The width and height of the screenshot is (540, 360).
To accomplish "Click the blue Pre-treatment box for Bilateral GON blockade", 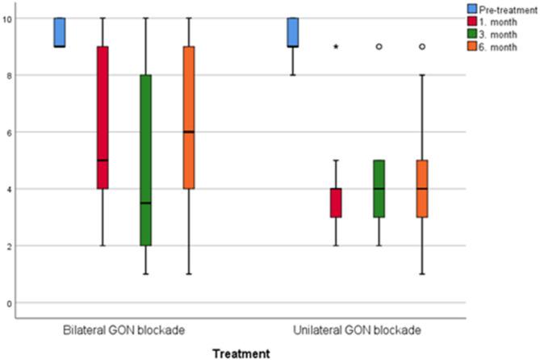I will click(x=60, y=32).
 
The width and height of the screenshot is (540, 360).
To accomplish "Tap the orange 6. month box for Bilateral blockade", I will click(x=189, y=117).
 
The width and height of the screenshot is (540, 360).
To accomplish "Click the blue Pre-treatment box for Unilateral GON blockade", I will click(x=293, y=32).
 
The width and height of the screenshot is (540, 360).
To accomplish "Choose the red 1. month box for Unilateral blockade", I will click(x=336, y=203).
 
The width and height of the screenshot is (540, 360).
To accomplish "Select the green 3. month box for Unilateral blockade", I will click(x=379, y=188).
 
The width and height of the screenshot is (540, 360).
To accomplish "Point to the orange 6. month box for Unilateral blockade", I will click(x=421, y=188).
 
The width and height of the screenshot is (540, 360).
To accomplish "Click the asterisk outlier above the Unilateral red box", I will click(x=336, y=47).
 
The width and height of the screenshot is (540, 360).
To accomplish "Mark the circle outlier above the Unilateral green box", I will click(x=379, y=47).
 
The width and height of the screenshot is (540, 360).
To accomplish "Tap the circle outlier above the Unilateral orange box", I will click(x=421, y=47).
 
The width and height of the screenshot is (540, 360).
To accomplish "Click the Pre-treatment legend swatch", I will click(x=475, y=8).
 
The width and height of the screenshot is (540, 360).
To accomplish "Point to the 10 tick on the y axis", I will click(x=9, y=18).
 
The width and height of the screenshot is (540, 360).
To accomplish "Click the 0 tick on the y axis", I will click(x=9, y=303).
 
